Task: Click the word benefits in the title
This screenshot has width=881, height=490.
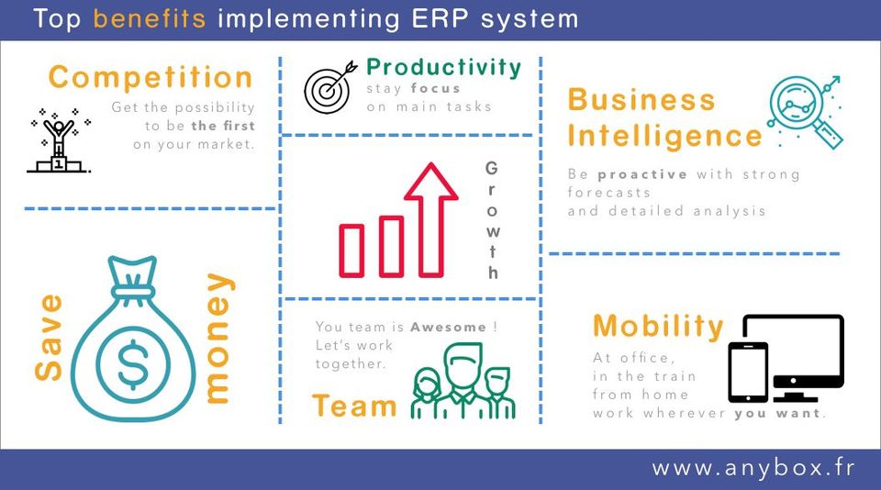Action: [150, 18]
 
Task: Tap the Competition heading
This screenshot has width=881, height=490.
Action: [151, 78]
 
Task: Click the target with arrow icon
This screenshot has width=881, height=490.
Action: [330, 87]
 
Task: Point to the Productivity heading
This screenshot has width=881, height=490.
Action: [444, 67]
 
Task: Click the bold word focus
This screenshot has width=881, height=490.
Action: [435, 88]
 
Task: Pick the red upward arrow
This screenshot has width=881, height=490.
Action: [431, 219]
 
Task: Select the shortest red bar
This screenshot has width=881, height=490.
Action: [351, 251]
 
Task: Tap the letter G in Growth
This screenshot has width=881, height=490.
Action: [491, 168]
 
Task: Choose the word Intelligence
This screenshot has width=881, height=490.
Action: [664, 137]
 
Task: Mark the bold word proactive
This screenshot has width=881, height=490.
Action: [642, 174]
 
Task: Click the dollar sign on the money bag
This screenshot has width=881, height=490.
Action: [133, 364]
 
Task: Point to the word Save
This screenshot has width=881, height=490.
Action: [49, 337]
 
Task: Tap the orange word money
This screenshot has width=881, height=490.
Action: [218, 339]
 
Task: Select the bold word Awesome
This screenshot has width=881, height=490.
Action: [448, 327]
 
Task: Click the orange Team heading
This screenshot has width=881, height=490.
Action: [354, 406]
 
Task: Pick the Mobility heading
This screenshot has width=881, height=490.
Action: [659, 326]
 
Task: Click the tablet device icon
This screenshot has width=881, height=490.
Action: [748, 373]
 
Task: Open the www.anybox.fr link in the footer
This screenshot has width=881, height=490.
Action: [753, 468]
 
